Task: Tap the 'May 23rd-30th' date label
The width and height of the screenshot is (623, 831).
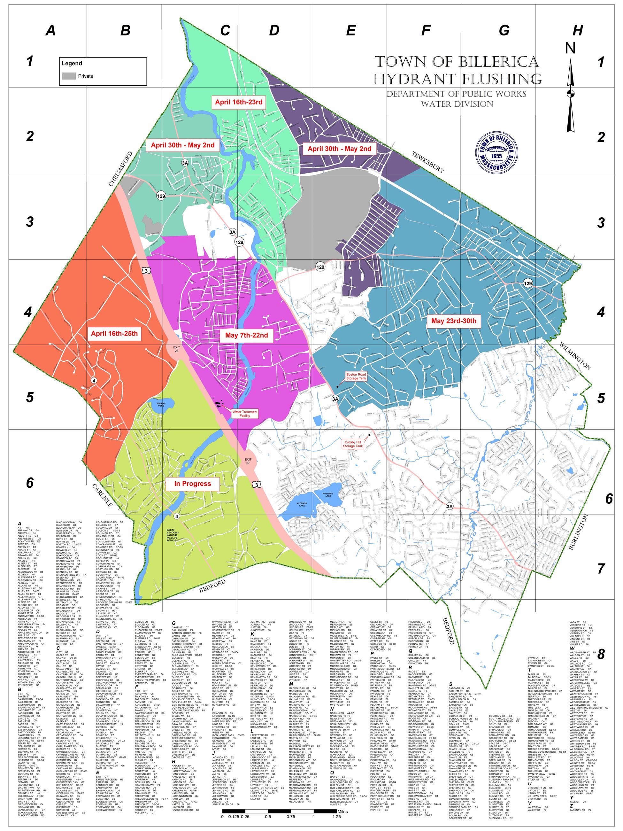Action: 453,321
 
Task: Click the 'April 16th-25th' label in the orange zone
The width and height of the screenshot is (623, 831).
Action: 114,333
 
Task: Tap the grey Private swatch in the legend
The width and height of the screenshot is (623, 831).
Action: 69,76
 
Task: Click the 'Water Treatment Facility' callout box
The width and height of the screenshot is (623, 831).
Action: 244,414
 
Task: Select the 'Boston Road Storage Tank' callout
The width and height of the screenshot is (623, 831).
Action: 356,377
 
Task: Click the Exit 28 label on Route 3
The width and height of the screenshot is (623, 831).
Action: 176,349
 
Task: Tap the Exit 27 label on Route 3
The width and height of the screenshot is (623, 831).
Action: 248,461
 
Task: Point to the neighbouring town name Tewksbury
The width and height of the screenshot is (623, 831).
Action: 428,162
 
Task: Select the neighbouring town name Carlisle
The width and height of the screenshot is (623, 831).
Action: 102,495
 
